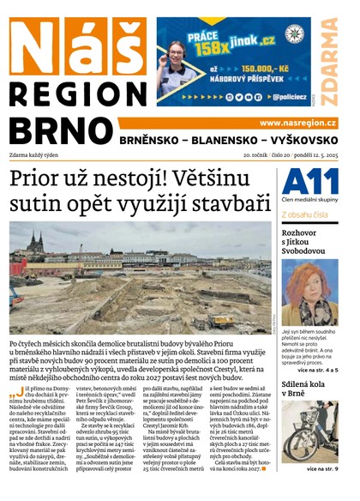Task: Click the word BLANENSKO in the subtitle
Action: (x=218, y=139)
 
